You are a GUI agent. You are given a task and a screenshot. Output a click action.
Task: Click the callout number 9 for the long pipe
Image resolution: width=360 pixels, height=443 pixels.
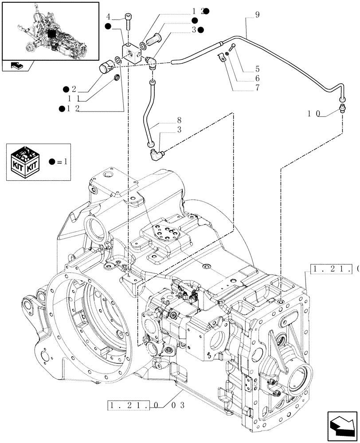(257, 15)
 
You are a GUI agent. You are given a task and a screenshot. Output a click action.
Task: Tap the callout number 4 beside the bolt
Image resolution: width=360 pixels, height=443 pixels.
(108, 17)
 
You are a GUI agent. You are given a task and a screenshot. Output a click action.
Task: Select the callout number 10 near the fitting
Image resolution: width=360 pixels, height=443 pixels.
(314, 113)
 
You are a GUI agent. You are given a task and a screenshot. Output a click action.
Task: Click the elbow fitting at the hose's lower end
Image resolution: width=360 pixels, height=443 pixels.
(156, 155)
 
